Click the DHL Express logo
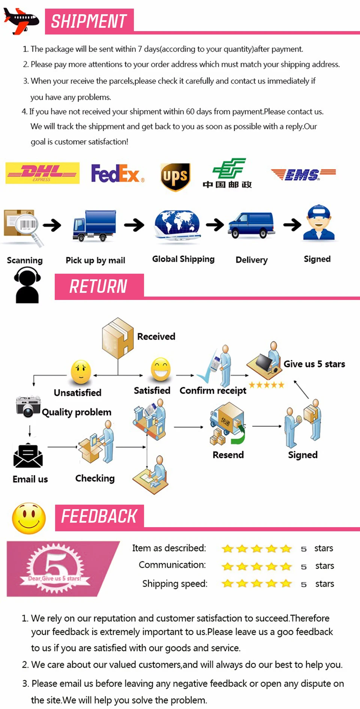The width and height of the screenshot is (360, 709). tap(42, 173)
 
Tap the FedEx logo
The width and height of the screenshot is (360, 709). tap(118, 173)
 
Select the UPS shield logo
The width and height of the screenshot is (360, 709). tap(175, 177)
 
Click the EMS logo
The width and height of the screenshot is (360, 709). tap(303, 174)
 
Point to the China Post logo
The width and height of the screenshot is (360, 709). tap(227, 173)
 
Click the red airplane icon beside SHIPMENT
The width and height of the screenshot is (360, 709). tap(21, 20)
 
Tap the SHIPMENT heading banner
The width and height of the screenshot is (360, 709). tap(89, 21)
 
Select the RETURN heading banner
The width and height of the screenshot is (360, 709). tap(99, 286)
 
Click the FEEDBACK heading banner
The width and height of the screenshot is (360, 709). tap(99, 517)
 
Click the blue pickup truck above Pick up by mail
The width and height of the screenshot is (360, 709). tap(94, 225)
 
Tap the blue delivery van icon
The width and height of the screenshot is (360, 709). tap(251, 225)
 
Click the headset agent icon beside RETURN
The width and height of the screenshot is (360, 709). tap(27, 285)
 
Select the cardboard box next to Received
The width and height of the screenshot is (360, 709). tap(118, 334)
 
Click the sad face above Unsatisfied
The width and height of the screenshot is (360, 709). tap(81, 372)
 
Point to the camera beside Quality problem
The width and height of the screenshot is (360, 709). tap(28, 406)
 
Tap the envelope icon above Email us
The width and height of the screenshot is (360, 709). tap(28, 456)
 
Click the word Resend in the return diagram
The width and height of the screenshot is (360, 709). tap(228, 455)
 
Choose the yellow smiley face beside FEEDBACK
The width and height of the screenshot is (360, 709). tap(29, 518)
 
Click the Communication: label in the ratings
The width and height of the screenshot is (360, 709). tap(172, 565)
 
